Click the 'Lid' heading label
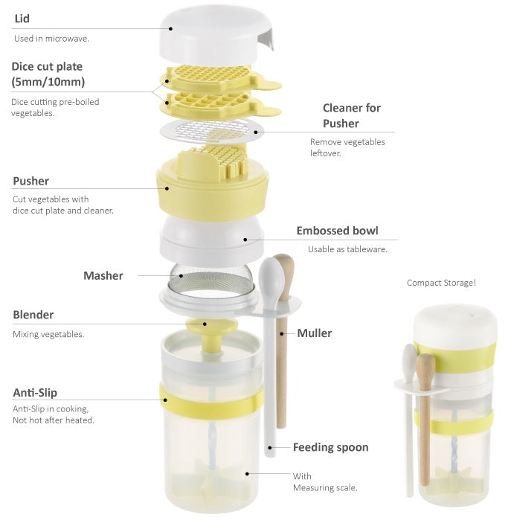(22, 19)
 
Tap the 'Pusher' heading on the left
(30, 181)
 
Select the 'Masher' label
(103, 275)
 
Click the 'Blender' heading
(33, 315)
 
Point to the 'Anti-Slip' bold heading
(35, 393)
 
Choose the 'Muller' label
(315, 333)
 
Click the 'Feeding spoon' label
(330, 448)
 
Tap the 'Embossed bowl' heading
(337, 231)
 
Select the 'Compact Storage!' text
(441, 283)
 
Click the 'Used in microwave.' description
(51, 39)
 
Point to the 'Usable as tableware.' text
(347, 249)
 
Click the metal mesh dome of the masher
(211, 280)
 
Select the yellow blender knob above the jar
(212, 326)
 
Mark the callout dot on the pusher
(167, 188)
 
